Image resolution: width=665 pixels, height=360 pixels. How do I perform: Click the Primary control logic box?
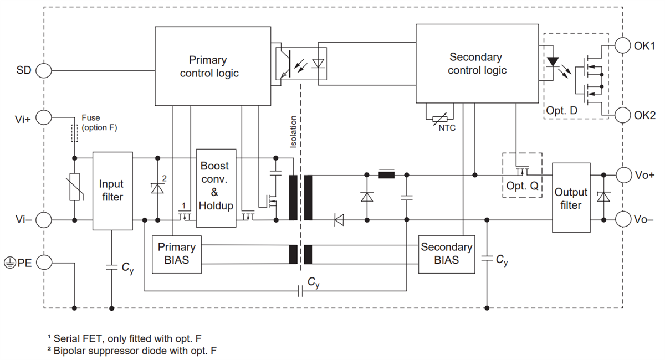coord(213,66)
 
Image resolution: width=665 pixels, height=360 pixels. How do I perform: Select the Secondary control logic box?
coord(477,63)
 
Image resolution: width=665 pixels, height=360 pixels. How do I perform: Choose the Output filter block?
coord(571,198)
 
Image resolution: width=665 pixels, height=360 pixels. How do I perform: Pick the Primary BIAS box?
coord(177,254)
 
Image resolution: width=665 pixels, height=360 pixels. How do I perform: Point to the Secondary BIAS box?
coord(447,254)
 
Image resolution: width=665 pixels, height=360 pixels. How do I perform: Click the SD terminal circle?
coord(44,71)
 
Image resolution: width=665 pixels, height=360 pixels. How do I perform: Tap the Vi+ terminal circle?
coord(44,117)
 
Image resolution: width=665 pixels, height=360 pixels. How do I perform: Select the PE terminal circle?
coord(44,263)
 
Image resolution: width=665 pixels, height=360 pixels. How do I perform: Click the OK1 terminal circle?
coord(623,45)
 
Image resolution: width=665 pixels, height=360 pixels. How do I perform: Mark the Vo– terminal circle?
coord(623,219)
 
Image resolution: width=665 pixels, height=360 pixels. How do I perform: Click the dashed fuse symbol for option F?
coord(74,133)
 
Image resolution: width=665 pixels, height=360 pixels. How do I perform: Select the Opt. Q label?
coord(522,186)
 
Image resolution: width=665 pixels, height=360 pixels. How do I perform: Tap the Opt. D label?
coord(561,110)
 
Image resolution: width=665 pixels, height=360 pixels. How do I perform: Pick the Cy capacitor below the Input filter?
coord(111,267)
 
